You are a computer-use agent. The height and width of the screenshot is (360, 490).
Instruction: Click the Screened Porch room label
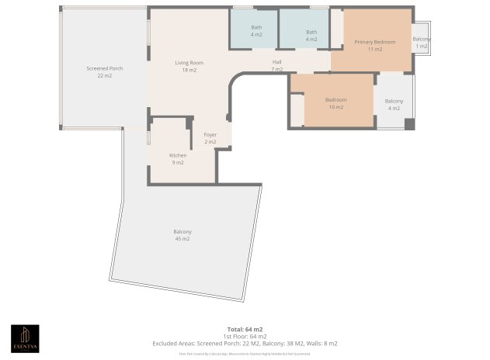(104, 68)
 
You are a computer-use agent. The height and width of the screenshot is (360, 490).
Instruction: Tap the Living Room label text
(189, 62)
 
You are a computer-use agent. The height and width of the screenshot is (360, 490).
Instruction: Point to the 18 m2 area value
(189, 70)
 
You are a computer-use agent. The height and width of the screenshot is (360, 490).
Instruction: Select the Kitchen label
(178, 155)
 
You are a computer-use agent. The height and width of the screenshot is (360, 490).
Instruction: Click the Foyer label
(210, 135)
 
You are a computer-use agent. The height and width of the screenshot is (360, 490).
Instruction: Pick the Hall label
(276, 62)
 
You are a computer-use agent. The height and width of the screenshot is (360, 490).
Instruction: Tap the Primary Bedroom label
(375, 42)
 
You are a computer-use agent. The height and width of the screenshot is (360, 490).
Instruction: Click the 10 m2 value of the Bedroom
(336, 107)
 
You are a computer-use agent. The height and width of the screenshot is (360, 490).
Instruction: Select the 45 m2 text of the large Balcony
(182, 239)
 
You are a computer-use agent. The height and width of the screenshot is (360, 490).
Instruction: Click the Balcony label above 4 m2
(394, 101)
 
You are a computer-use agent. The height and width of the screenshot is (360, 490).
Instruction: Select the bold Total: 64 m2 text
(245, 330)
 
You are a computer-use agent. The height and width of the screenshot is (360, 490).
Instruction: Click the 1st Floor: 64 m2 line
(245, 336)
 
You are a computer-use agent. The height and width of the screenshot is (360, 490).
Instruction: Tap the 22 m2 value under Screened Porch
(104, 76)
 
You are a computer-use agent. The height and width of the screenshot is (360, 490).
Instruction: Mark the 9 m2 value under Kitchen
(178, 163)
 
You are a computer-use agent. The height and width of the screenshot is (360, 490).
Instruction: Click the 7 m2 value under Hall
(276, 70)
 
